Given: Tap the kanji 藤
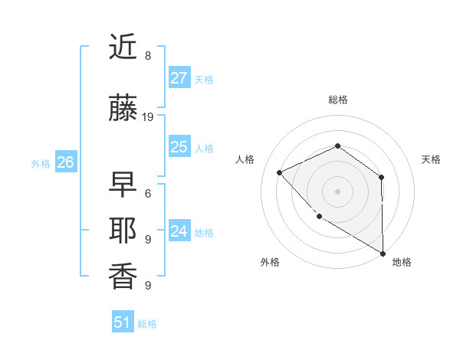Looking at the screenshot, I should point(123,110).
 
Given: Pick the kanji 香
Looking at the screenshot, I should point(123,277).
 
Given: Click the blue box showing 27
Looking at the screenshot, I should point(179,78).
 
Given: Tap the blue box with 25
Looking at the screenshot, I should point(179,148).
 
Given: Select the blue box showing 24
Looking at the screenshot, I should point(179,231).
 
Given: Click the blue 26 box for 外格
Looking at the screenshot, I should point(65,162).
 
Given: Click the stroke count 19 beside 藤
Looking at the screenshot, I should point(148,117).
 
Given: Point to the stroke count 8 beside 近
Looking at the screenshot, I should point(148,56).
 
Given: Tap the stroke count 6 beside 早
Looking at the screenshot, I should point(148,193).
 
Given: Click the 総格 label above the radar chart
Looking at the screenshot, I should point(338,100).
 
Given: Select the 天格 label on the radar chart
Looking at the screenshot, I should point(431,159).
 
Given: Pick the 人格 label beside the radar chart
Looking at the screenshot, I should point(245,159).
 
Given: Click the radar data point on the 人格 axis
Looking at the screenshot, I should point(280,172).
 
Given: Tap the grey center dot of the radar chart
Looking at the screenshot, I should point(337,191).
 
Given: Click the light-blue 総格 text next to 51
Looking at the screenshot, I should point(147,324).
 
